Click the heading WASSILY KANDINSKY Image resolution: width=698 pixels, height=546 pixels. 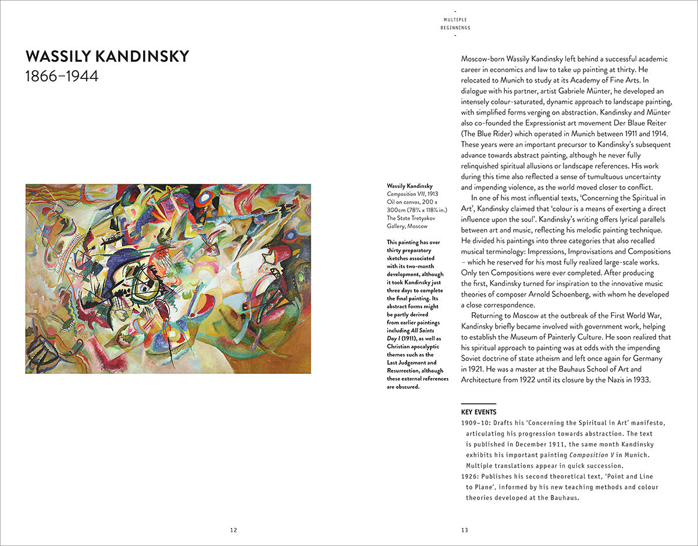[107, 56]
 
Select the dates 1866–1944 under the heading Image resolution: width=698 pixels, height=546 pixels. [62, 77]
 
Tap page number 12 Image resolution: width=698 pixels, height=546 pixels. [233, 530]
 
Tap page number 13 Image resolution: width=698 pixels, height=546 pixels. [465, 530]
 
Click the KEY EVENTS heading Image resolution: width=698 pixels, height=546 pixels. [479, 412]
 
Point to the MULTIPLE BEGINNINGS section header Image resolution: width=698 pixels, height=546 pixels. [455, 23]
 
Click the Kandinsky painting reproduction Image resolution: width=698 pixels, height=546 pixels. [168, 279]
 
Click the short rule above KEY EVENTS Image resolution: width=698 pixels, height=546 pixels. [479, 404]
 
